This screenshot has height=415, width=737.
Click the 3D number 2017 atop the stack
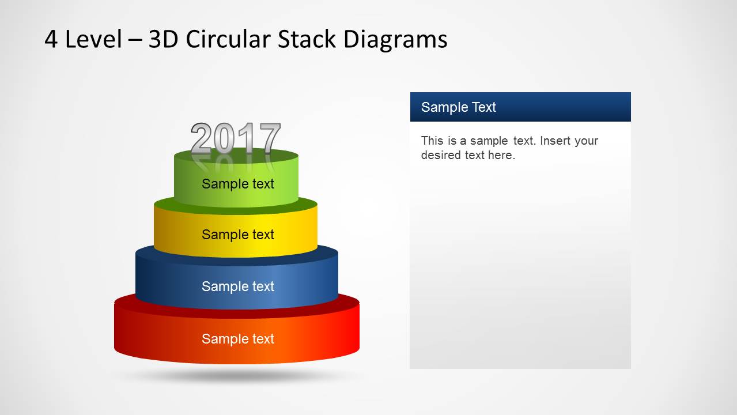tap(236, 138)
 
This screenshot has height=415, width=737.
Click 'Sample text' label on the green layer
tap(238, 184)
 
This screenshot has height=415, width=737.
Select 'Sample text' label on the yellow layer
tap(238, 235)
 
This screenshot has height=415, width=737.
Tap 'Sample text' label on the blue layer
tap(238, 286)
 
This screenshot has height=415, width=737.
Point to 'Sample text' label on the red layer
tap(238, 339)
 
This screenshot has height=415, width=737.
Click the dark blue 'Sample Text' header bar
tap(520, 107)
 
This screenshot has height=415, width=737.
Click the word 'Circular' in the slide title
tap(229, 40)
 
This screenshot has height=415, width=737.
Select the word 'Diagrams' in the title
tap(395, 40)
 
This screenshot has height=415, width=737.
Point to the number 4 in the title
tap(51, 40)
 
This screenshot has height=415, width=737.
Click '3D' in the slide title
tap(164, 40)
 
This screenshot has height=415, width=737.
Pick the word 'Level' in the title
tap(93, 40)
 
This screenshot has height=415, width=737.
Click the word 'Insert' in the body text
tap(557, 141)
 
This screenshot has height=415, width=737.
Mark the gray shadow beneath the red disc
tap(236, 376)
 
